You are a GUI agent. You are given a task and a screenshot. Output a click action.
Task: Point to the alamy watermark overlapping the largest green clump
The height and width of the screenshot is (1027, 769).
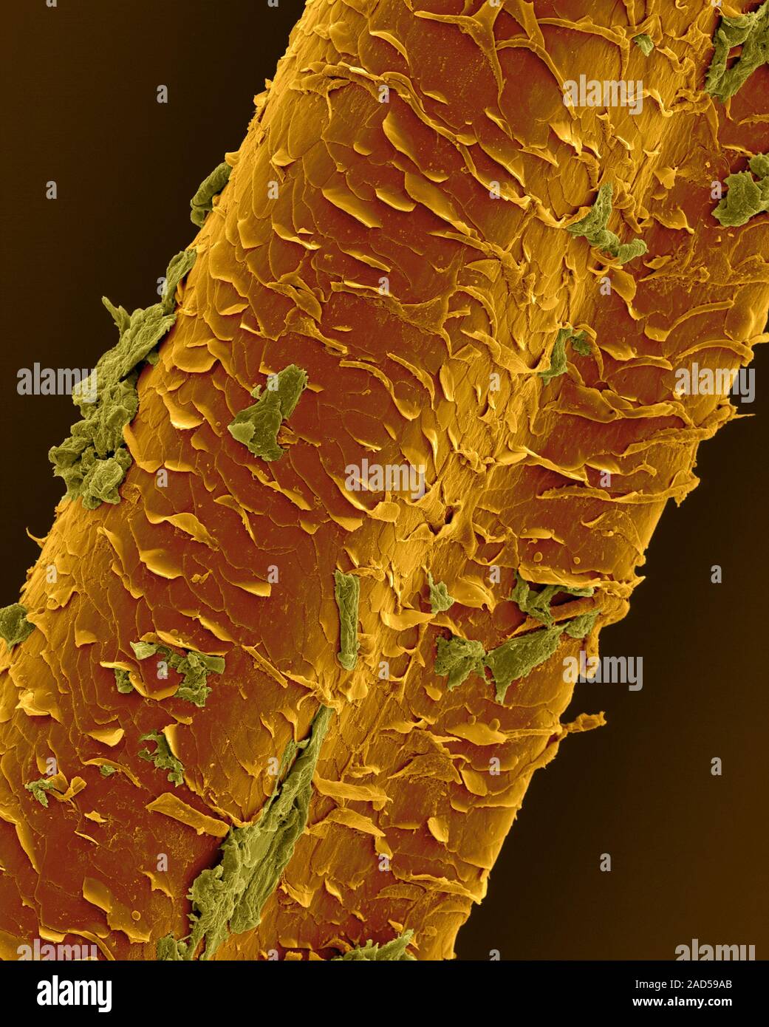pyautogui.click(x=56, y=380)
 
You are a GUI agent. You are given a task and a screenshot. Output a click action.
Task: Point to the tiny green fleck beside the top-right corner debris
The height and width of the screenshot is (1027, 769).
pyautogui.click(x=643, y=44)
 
